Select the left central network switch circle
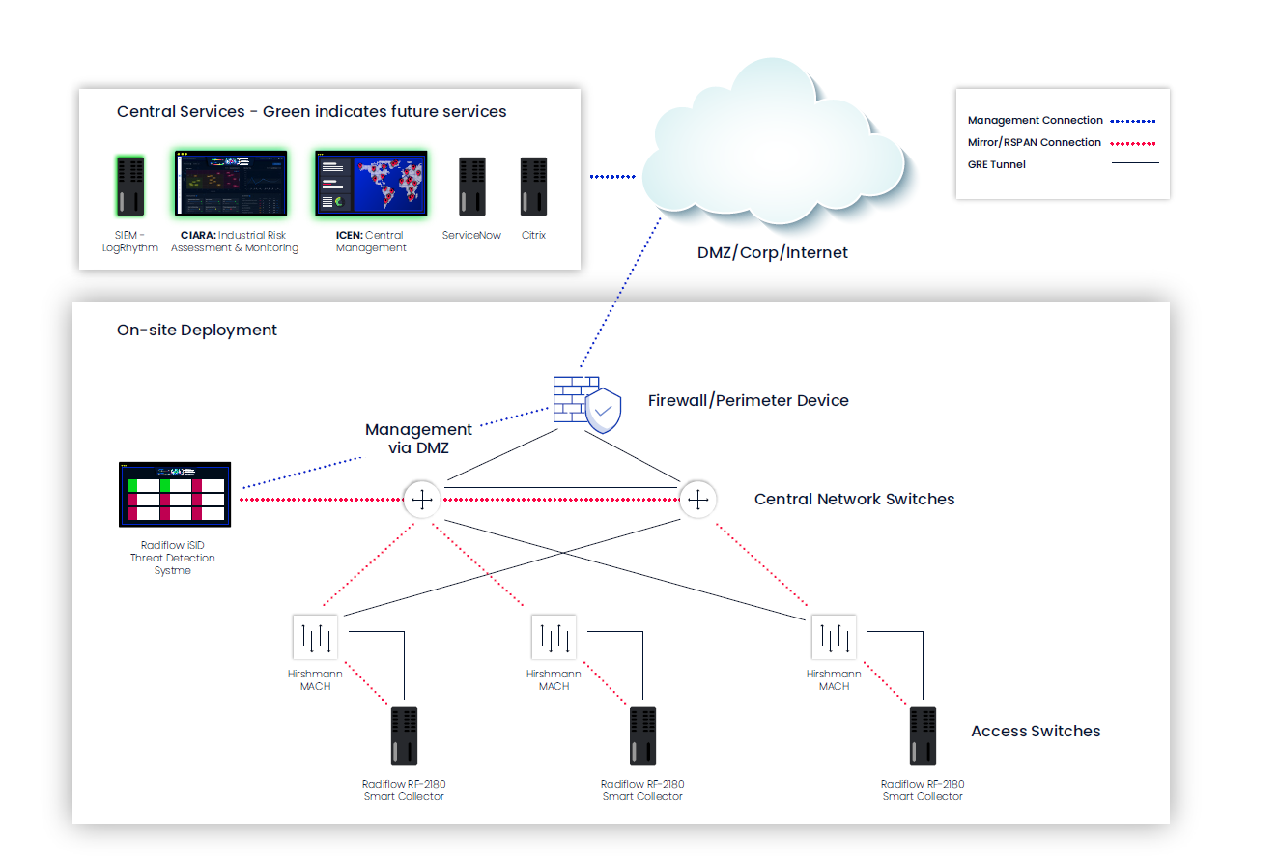coord(421,500)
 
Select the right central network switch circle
coord(696,500)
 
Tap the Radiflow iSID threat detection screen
coord(175,494)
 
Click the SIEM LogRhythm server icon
coord(129,186)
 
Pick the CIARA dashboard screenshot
coord(231,183)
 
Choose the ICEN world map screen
coord(371,183)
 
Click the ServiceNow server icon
coord(471,186)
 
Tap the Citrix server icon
coord(533,186)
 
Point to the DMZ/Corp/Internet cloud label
coord(772,253)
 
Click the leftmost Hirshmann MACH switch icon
coord(316,638)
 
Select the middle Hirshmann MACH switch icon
coord(554,638)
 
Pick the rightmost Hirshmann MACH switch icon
coord(834,638)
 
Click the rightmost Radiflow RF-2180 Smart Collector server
coord(923,736)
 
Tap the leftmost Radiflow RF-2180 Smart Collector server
coord(404,736)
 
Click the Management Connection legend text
coord(1035,121)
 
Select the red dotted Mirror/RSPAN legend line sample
coord(1131,143)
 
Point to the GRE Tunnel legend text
coord(996,165)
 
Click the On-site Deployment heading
coord(197,331)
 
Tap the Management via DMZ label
coord(418,439)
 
